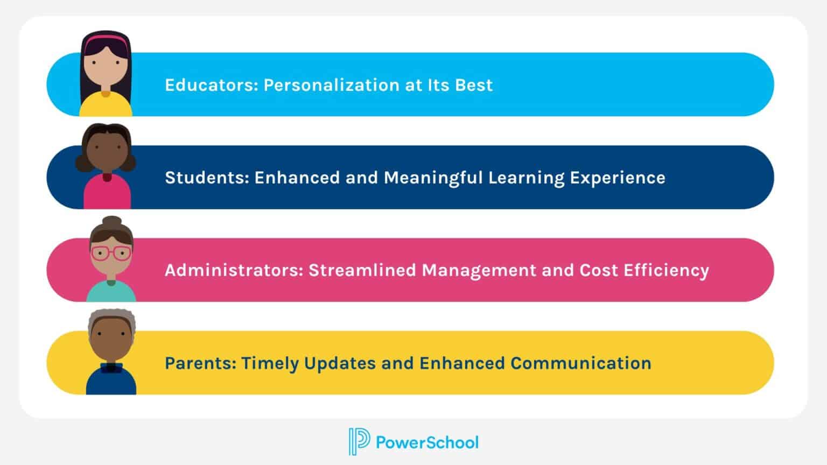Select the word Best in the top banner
[x=474, y=85]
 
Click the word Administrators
[x=234, y=270]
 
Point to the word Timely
[x=270, y=363]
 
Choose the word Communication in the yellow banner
[x=580, y=363]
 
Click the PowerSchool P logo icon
[x=359, y=442]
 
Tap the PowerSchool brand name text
[x=427, y=442]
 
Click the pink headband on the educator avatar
[x=106, y=39]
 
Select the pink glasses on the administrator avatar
[x=111, y=253]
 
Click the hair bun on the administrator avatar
[x=112, y=222]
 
